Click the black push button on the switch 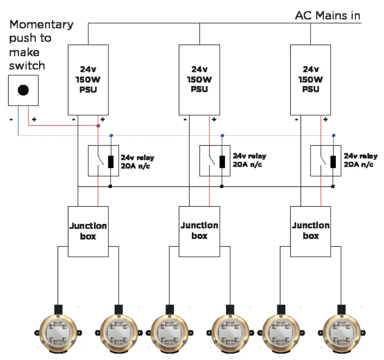pyautogui.click(x=23, y=90)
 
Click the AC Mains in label pyautogui.click(x=327, y=16)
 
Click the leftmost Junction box pyautogui.click(x=88, y=231)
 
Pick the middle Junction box pyautogui.click(x=199, y=231)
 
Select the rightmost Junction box pyautogui.click(x=310, y=231)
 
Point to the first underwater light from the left pyautogui.click(x=58, y=333)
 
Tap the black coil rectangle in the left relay pyautogui.click(x=111, y=162)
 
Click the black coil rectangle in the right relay pyautogui.click(x=333, y=162)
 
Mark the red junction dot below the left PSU pyautogui.click(x=98, y=126)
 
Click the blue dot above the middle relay pyautogui.click(x=222, y=136)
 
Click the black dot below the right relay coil pyautogui.click(x=333, y=186)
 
